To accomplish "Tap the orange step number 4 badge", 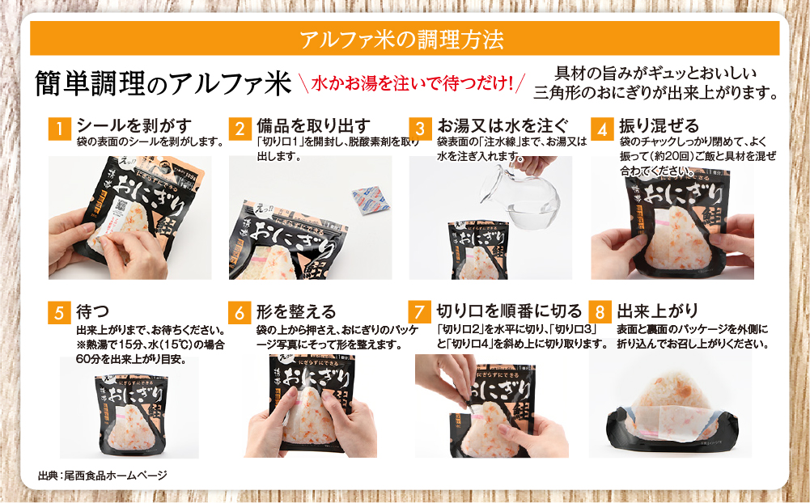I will pyautogui.click(x=600, y=129).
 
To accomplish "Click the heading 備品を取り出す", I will pyautogui.click(x=313, y=125).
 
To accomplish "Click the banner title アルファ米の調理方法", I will pyautogui.click(x=404, y=38).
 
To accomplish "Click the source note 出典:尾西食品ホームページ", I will pyautogui.click(x=102, y=475).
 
